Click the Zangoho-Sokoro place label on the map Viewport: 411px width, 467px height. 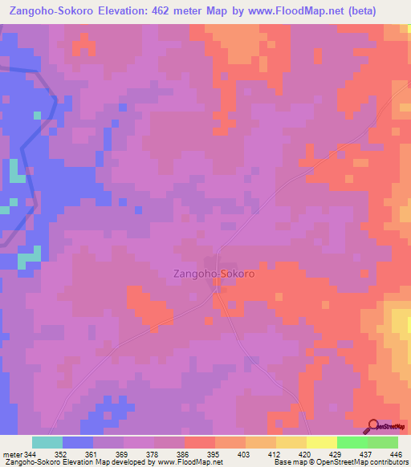point(214,274)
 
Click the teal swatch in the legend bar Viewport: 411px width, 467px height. point(47,442)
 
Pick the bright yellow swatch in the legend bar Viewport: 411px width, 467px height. point(322,442)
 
